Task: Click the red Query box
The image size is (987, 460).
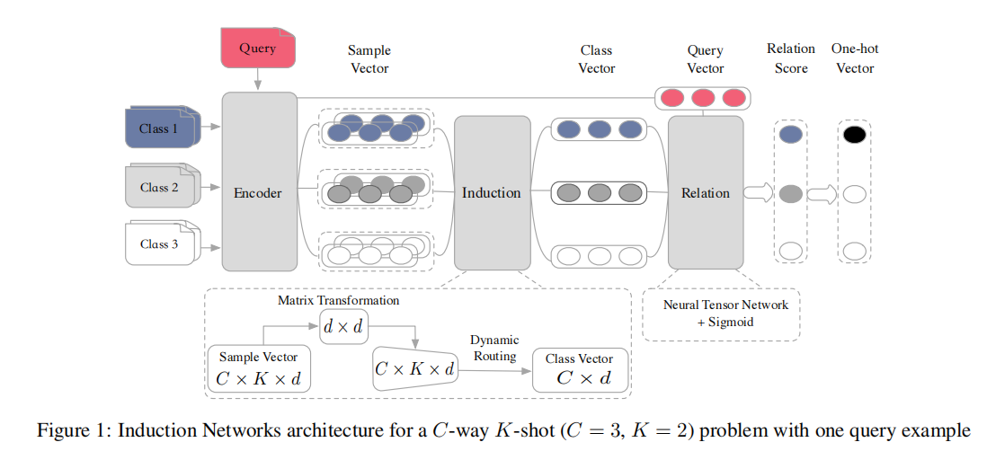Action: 259,49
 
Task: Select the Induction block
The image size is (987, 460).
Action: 492,192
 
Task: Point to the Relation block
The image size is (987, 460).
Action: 706,192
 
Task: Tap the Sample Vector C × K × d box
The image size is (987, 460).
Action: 259,369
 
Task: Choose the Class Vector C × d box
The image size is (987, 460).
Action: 580,370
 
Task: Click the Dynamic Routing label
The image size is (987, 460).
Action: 494,349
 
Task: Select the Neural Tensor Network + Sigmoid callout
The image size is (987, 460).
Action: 720,314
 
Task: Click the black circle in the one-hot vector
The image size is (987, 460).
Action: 854,135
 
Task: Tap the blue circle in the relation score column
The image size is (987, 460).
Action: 790,135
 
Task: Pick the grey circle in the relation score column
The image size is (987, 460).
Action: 790,193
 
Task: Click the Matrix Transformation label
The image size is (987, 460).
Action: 339,300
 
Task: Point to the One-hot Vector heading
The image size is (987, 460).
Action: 854,58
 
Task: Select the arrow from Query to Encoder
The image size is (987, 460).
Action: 259,80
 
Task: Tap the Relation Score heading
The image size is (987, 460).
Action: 791,58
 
